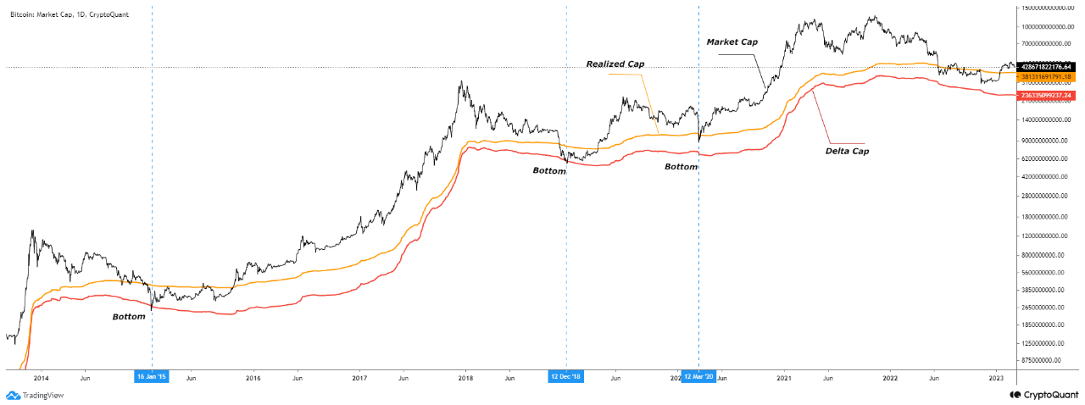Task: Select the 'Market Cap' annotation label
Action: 732,42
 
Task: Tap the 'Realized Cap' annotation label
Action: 616,64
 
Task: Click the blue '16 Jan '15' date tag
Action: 153,376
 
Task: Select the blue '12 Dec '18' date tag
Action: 566,376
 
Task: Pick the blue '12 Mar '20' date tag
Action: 698,376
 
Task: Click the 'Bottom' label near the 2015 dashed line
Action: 130,317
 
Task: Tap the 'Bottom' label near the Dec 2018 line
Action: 548,171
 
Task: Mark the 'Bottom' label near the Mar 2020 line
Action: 681,167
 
